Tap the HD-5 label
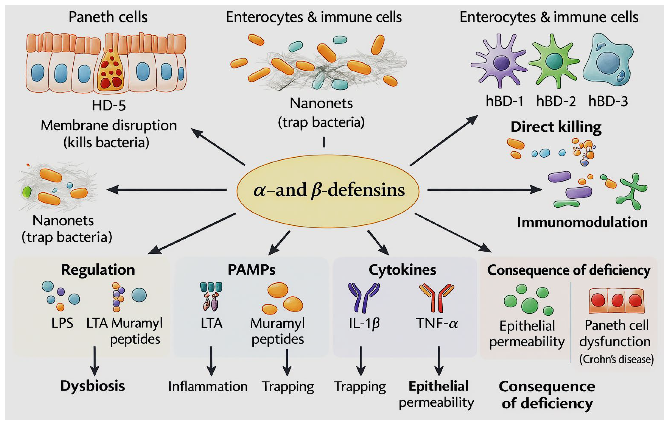click(x=109, y=106)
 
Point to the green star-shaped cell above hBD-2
click(x=554, y=61)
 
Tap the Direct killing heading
click(x=556, y=127)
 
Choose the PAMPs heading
click(x=251, y=269)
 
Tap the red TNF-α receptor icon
click(x=436, y=298)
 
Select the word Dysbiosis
click(x=93, y=386)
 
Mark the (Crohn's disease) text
click(x=616, y=359)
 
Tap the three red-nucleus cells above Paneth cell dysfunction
click(x=616, y=301)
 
